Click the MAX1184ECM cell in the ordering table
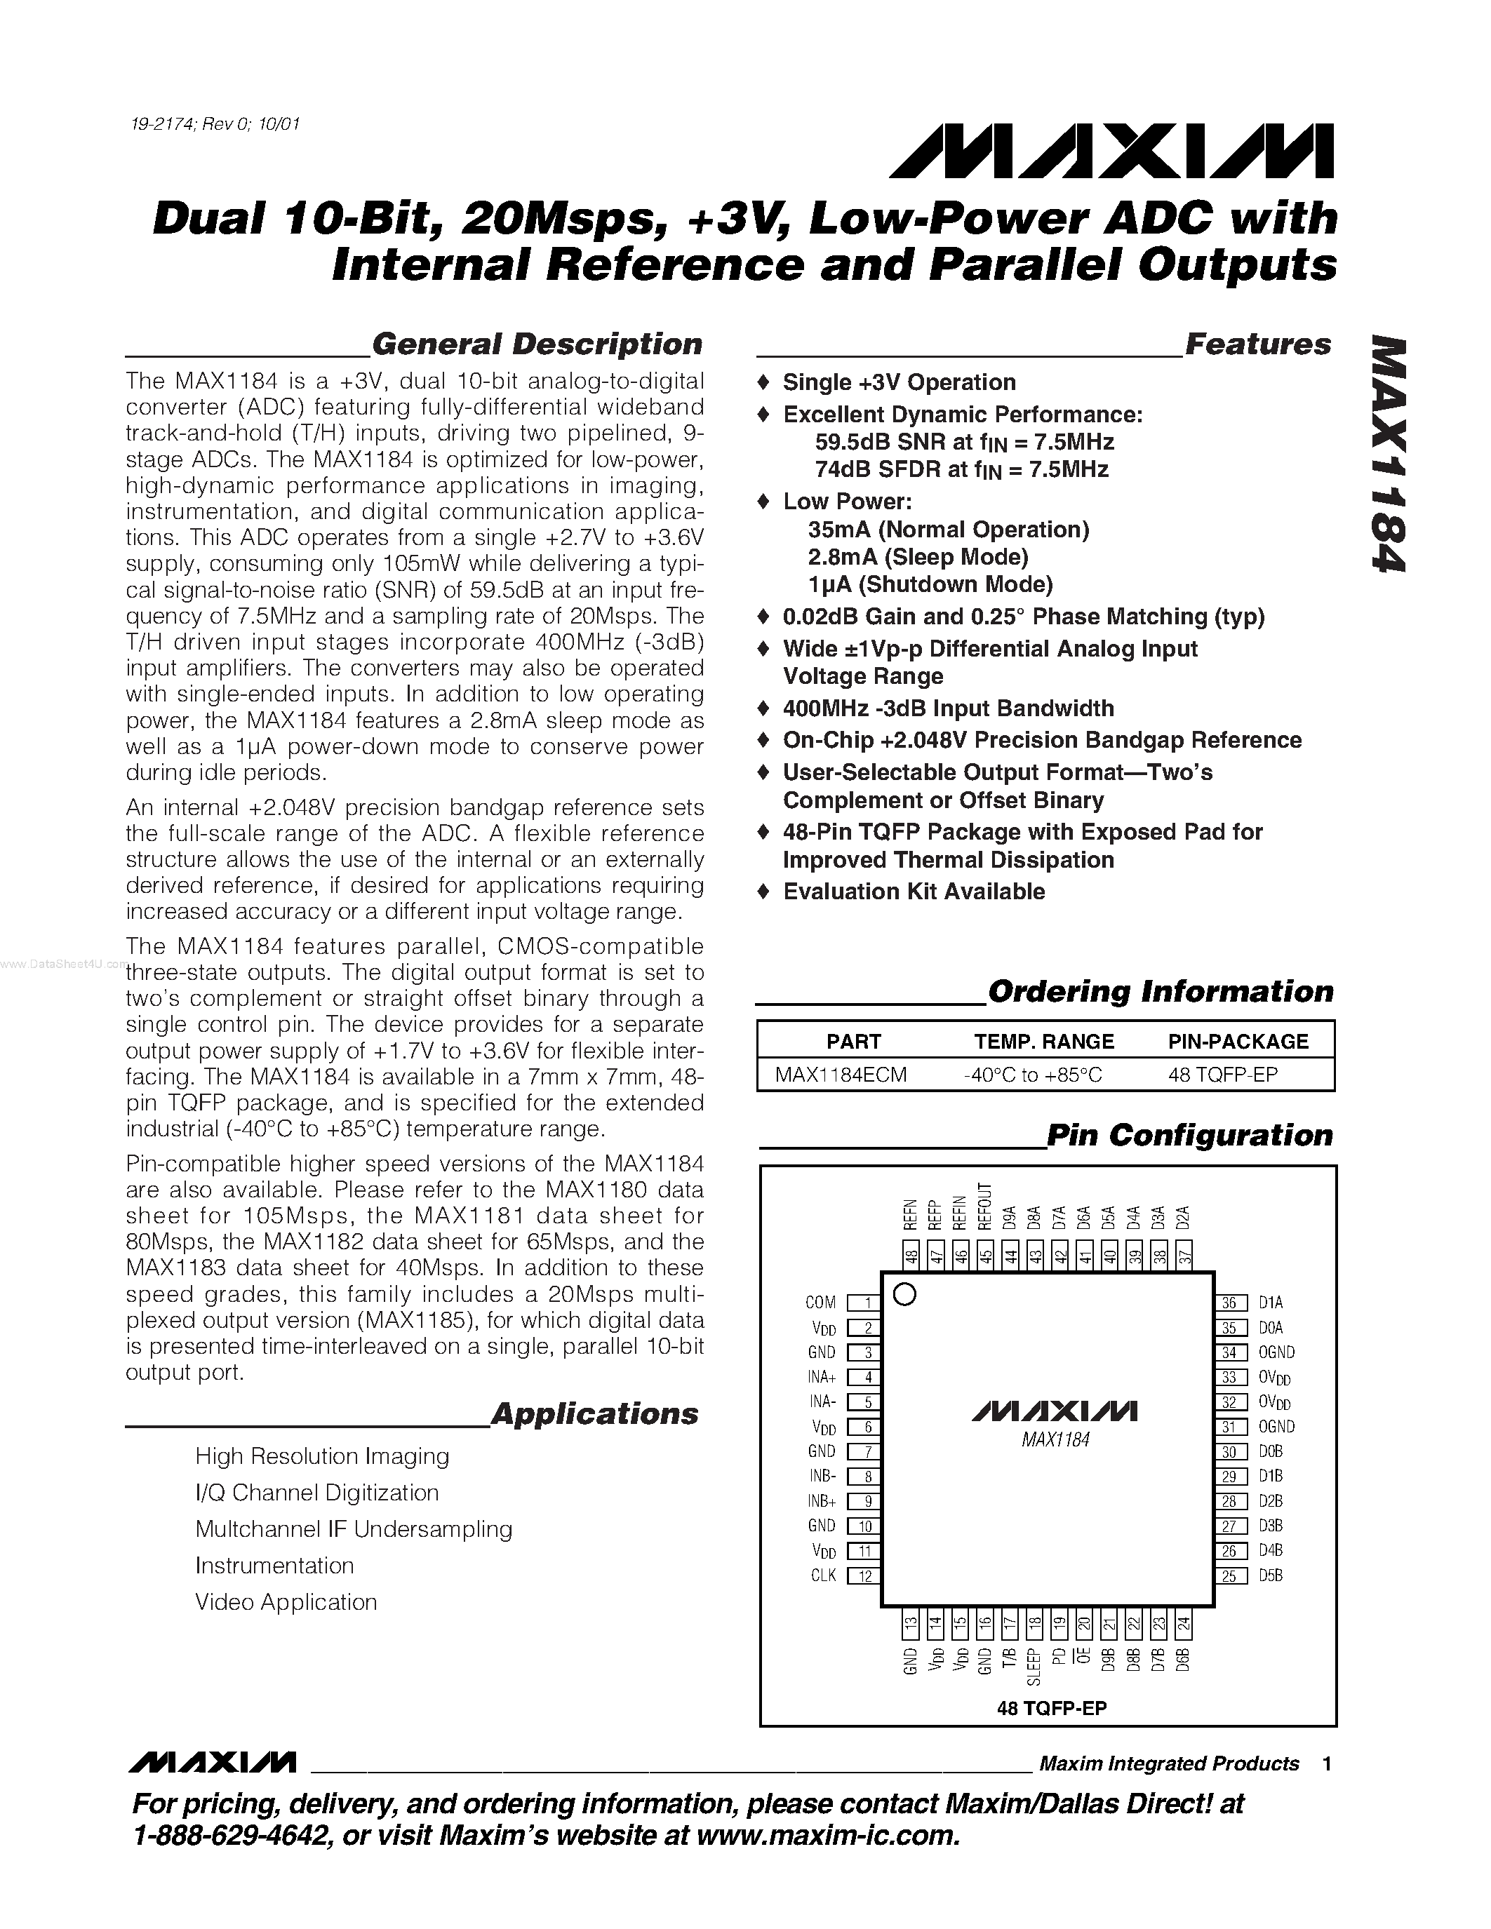click(x=840, y=1074)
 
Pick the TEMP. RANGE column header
click(x=1043, y=1042)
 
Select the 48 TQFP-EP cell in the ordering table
click(x=1222, y=1074)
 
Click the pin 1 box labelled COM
click(x=860, y=1303)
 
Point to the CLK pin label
click(x=823, y=1575)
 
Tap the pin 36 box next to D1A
click(x=1229, y=1303)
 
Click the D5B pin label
click(x=1270, y=1575)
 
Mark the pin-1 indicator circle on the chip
click(x=904, y=1295)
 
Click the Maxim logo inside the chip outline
click(x=1055, y=1411)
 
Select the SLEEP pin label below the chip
click(x=1034, y=1667)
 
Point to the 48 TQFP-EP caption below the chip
click(x=1051, y=1708)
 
